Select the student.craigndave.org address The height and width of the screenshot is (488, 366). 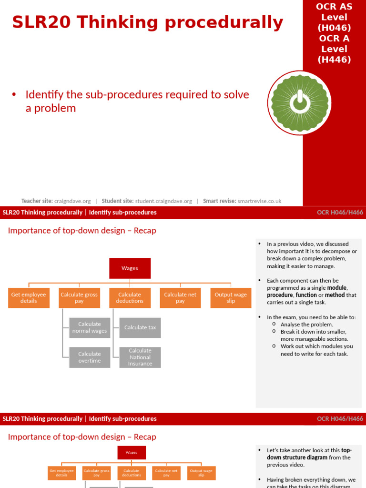click(x=163, y=201)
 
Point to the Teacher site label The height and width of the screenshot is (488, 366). click(x=37, y=201)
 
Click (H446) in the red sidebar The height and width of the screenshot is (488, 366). click(x=334, y=60)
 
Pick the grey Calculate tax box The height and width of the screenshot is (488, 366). click(x=140, y=327)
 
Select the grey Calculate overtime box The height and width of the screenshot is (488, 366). click(x=90, y=357)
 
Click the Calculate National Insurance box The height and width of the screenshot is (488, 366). click(x=140, y=357)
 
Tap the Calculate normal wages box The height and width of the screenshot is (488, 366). click(x=90, y=327)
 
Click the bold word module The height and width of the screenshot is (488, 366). click(x=336, y=288)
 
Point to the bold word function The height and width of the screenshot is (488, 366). click(x=306, y=295)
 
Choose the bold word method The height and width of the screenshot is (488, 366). click(x=335, y=295)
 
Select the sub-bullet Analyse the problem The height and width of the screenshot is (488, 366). click(x=307, y=325)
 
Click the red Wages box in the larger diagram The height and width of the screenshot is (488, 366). click(x=130, y=268)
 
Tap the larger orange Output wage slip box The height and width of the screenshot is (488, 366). click(x=231, y=298)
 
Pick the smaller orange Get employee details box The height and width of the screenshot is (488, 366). click(x=61, y=473)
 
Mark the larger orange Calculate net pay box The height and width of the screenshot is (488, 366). click(x=180, y=298)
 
